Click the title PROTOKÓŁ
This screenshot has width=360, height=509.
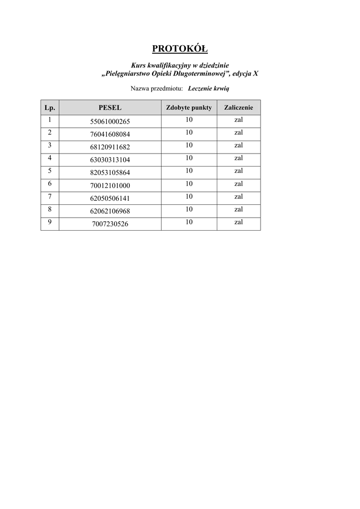coord(180,48)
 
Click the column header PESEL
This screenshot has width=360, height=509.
coord(110,107)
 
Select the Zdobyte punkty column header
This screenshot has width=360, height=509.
coord(189,107)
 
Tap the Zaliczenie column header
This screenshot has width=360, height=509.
coord(239,107)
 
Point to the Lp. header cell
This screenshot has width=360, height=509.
coord(50,107)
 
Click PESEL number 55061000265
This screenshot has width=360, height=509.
coord(110,122)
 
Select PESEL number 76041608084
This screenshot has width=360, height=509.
coord(110,135)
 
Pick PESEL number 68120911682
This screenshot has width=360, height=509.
coord(110,148)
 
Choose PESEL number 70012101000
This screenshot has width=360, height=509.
coord(110,186)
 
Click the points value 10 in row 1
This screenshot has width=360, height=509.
coord(189,120)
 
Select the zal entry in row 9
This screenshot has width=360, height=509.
coord(239,222)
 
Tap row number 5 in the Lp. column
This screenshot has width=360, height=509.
coord(50,171)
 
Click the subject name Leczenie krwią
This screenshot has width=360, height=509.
coord(208,88)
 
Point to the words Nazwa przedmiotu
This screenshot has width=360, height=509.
coord(157,88)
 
